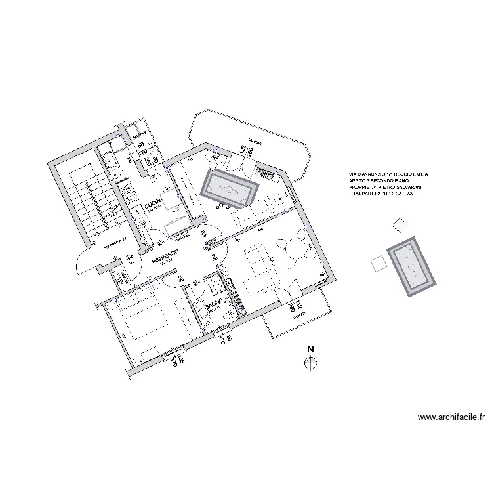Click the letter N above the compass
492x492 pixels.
click(312, 349)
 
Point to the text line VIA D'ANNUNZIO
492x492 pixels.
click(384, 175)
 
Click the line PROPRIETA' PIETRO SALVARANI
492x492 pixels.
click(385, 188)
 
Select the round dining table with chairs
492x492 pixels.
click(294, 252)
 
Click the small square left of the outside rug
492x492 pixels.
click(378, 264)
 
